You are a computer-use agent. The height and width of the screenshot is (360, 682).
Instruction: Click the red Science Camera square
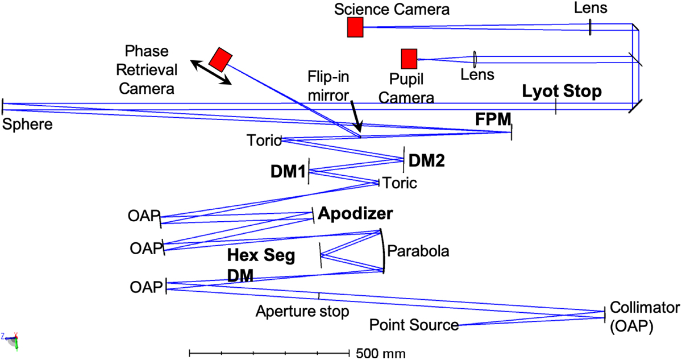(355, 27)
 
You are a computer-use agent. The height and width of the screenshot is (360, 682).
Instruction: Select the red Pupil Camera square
(409, 59)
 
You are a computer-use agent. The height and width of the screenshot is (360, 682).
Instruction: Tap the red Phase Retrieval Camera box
(221, 59)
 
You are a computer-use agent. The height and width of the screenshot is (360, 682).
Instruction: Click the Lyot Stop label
(562, 92)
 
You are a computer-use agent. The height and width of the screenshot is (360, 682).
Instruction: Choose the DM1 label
(288, 171)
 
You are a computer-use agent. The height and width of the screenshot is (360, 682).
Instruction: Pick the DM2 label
(426, 161)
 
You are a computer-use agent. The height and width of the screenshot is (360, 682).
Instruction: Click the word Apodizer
(355, 214)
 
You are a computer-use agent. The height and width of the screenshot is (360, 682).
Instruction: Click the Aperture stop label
(302, 311)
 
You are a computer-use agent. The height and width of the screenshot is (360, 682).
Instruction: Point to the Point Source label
(414, 325)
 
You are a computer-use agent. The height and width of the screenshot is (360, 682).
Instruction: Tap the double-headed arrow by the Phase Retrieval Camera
(210, 72)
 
